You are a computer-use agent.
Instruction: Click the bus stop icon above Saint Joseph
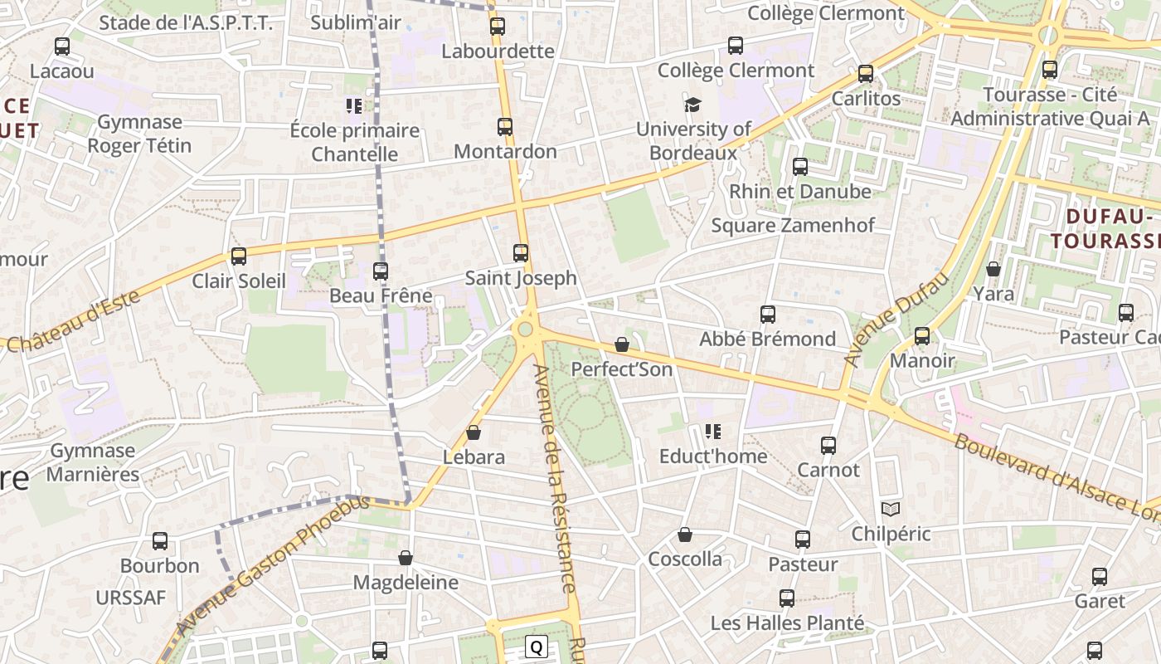(521, 253)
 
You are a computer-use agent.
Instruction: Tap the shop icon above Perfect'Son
(622, 344)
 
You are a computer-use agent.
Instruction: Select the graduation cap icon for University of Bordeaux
(692, 105)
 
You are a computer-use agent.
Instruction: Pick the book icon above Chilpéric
(891, 509)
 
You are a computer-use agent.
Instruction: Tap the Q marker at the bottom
(537, 647)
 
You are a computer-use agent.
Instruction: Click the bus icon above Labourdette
(498, 27)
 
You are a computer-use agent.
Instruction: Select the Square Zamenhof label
(793, 225)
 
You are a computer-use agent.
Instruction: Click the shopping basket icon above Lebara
(474, 432)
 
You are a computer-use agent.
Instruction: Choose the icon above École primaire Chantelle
(354, 106)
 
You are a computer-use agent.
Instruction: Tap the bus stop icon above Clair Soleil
(239, 256)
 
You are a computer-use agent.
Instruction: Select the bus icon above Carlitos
(866, 74)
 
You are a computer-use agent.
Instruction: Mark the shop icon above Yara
(993, 269)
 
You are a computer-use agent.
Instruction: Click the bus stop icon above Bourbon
(160, 541)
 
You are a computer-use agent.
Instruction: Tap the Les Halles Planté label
(787, 622)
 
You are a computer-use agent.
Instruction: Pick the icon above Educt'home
(712, 432)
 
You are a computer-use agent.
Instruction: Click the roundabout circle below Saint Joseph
(525, 330)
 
